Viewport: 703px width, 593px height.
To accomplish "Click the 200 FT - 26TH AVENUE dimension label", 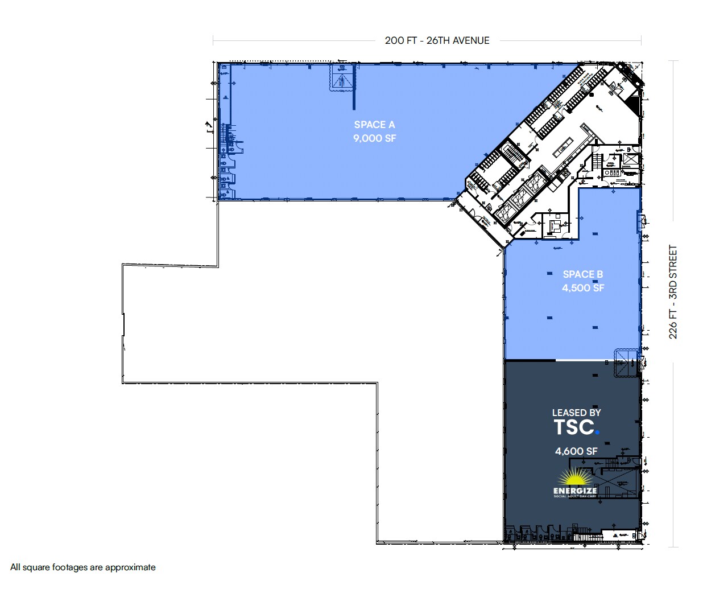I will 437,40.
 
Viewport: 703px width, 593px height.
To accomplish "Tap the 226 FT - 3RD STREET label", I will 673,292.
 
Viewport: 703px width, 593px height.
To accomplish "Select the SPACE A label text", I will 374,125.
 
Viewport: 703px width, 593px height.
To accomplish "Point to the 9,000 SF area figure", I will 374,138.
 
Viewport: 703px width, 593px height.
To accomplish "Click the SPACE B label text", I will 582,274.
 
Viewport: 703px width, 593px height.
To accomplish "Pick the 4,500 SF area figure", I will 582,288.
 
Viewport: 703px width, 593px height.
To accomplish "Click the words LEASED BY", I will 576,413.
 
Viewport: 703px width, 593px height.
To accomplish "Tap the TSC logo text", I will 574,427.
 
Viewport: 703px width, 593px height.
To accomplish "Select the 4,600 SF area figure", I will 576,451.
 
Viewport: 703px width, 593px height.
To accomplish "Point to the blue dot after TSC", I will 597,433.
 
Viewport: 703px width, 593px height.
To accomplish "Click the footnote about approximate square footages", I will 83,567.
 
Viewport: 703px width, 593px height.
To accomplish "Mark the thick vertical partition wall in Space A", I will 354,87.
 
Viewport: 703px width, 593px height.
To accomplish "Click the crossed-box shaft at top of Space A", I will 342,77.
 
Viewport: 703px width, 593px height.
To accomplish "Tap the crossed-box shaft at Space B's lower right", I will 627,363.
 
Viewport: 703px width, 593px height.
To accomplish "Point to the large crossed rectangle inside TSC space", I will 617,483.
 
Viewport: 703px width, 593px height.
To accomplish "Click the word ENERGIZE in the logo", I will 575,491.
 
